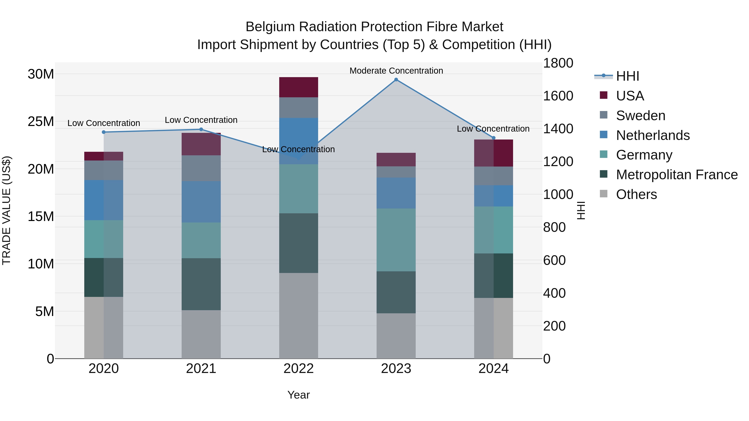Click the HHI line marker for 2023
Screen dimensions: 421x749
click(396, 80)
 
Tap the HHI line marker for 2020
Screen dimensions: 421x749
click(104, 132)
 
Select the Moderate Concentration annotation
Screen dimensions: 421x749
click(396, 71)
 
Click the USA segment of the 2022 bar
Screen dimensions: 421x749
click(299, 87)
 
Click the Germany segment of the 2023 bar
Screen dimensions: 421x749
click(396, 240)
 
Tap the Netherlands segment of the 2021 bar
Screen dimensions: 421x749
click(201, 202)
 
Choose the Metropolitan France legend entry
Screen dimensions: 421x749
click(677, 175)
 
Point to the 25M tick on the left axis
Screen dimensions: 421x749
click(41, 121)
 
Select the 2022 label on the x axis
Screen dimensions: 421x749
click(299, 369)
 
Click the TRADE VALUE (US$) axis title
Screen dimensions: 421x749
click(6, 210)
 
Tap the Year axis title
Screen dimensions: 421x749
click(299, 395)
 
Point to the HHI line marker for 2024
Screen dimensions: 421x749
click(494, 138)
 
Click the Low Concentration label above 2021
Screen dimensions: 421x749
click(201, 120)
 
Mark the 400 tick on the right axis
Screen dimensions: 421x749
click(554, 293)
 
